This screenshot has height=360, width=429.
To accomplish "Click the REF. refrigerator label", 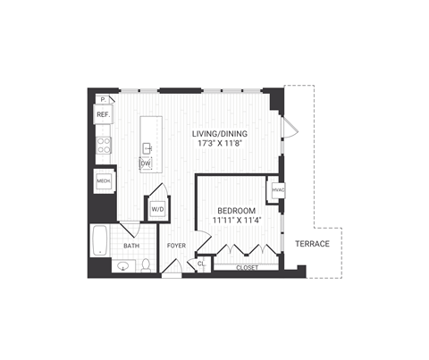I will pyautogui.click(x=103, y=114).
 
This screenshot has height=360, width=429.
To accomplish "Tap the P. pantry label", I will pyautogui.click(x=103, y=99).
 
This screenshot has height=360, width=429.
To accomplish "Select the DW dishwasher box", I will pyautogui.click(x=145, y=163).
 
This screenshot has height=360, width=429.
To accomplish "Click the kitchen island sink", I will pyautogui.click(x=146, y=147).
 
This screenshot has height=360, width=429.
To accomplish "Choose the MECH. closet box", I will pyautogui.click(x=103, y=182).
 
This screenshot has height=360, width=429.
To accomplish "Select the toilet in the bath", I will pyautogui.click(x=145, y=264).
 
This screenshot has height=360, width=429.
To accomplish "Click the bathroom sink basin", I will pyautogui.click(x=122, y=265).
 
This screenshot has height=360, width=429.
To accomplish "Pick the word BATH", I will pyautogui.click(x=131, y=246).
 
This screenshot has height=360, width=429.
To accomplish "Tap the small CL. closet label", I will pyautogui.click(x=200, y=263).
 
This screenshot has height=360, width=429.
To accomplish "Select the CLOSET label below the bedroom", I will pyautogui.click(x=247, y=267).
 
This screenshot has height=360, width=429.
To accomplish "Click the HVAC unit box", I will pyautogui.click(x=277, y=190).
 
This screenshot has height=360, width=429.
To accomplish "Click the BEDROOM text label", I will pyautogui.click(x=235, y=210).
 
